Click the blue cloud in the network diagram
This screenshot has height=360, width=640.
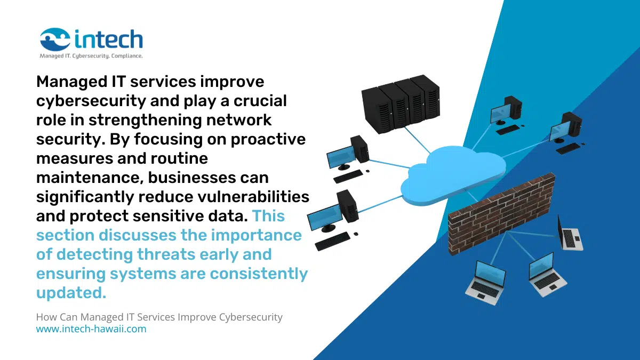coord(453,171)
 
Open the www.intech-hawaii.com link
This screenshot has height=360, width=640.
coord(91,329)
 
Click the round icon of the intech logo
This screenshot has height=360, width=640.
coord(55,39)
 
